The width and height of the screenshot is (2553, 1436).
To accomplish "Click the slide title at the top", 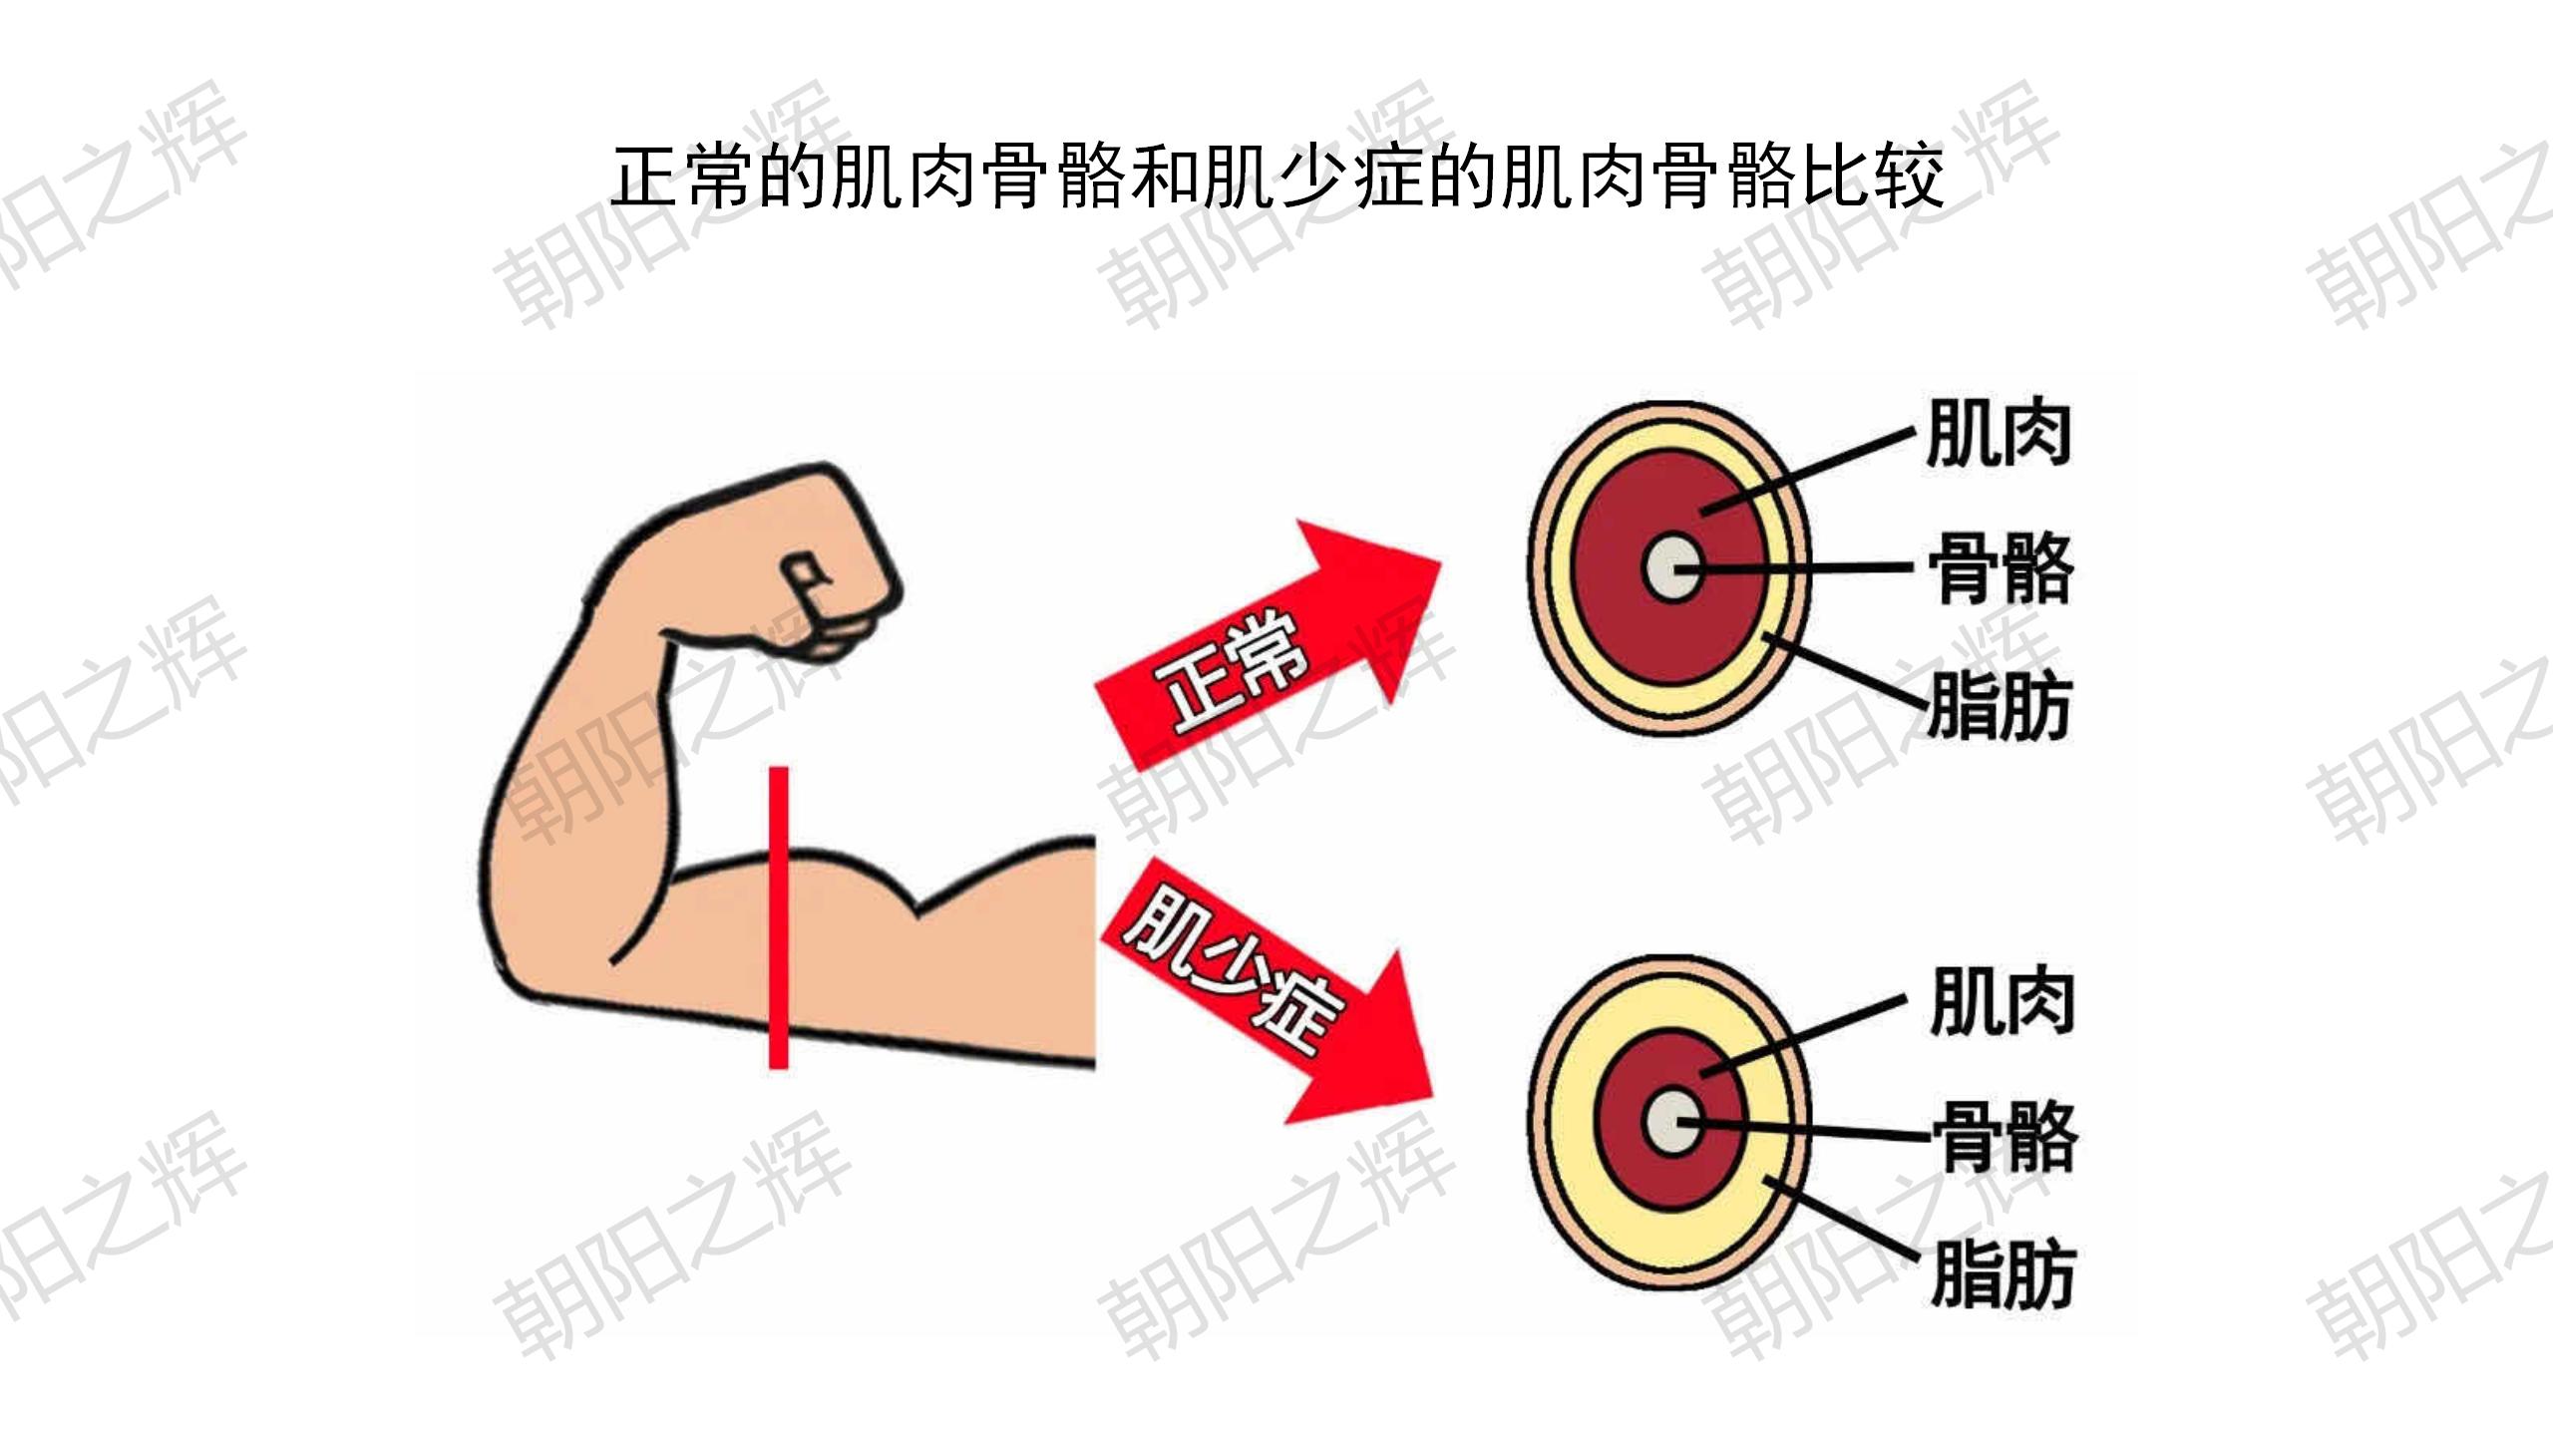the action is (1277, 177).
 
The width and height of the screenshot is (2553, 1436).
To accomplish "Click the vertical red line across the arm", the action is (779, 917).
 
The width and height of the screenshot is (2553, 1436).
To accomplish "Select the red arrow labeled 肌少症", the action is (1267, 991).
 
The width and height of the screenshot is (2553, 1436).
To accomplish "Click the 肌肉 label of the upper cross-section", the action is (1999, 433).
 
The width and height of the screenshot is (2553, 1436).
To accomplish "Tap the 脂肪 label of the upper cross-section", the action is (1999, 706).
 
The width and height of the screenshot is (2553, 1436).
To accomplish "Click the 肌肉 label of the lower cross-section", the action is (2003, 1000).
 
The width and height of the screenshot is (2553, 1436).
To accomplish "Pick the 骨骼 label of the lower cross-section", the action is (2005, 1137).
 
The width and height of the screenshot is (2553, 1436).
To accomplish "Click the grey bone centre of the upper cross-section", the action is (1671, 568).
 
